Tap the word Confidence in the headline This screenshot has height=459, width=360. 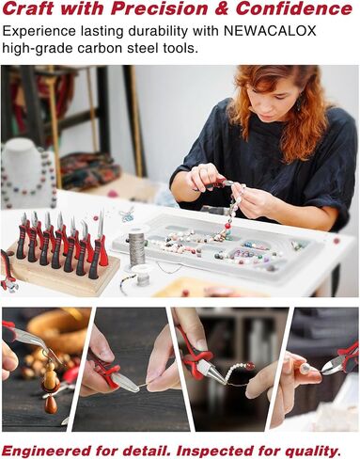point(294,8)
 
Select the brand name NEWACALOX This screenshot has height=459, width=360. point(271,31)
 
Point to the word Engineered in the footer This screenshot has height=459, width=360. point(47,451)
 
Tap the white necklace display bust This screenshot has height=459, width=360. point(27,172)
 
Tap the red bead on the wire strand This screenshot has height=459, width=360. point(249,366)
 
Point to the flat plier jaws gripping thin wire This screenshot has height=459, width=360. point(126,382)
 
